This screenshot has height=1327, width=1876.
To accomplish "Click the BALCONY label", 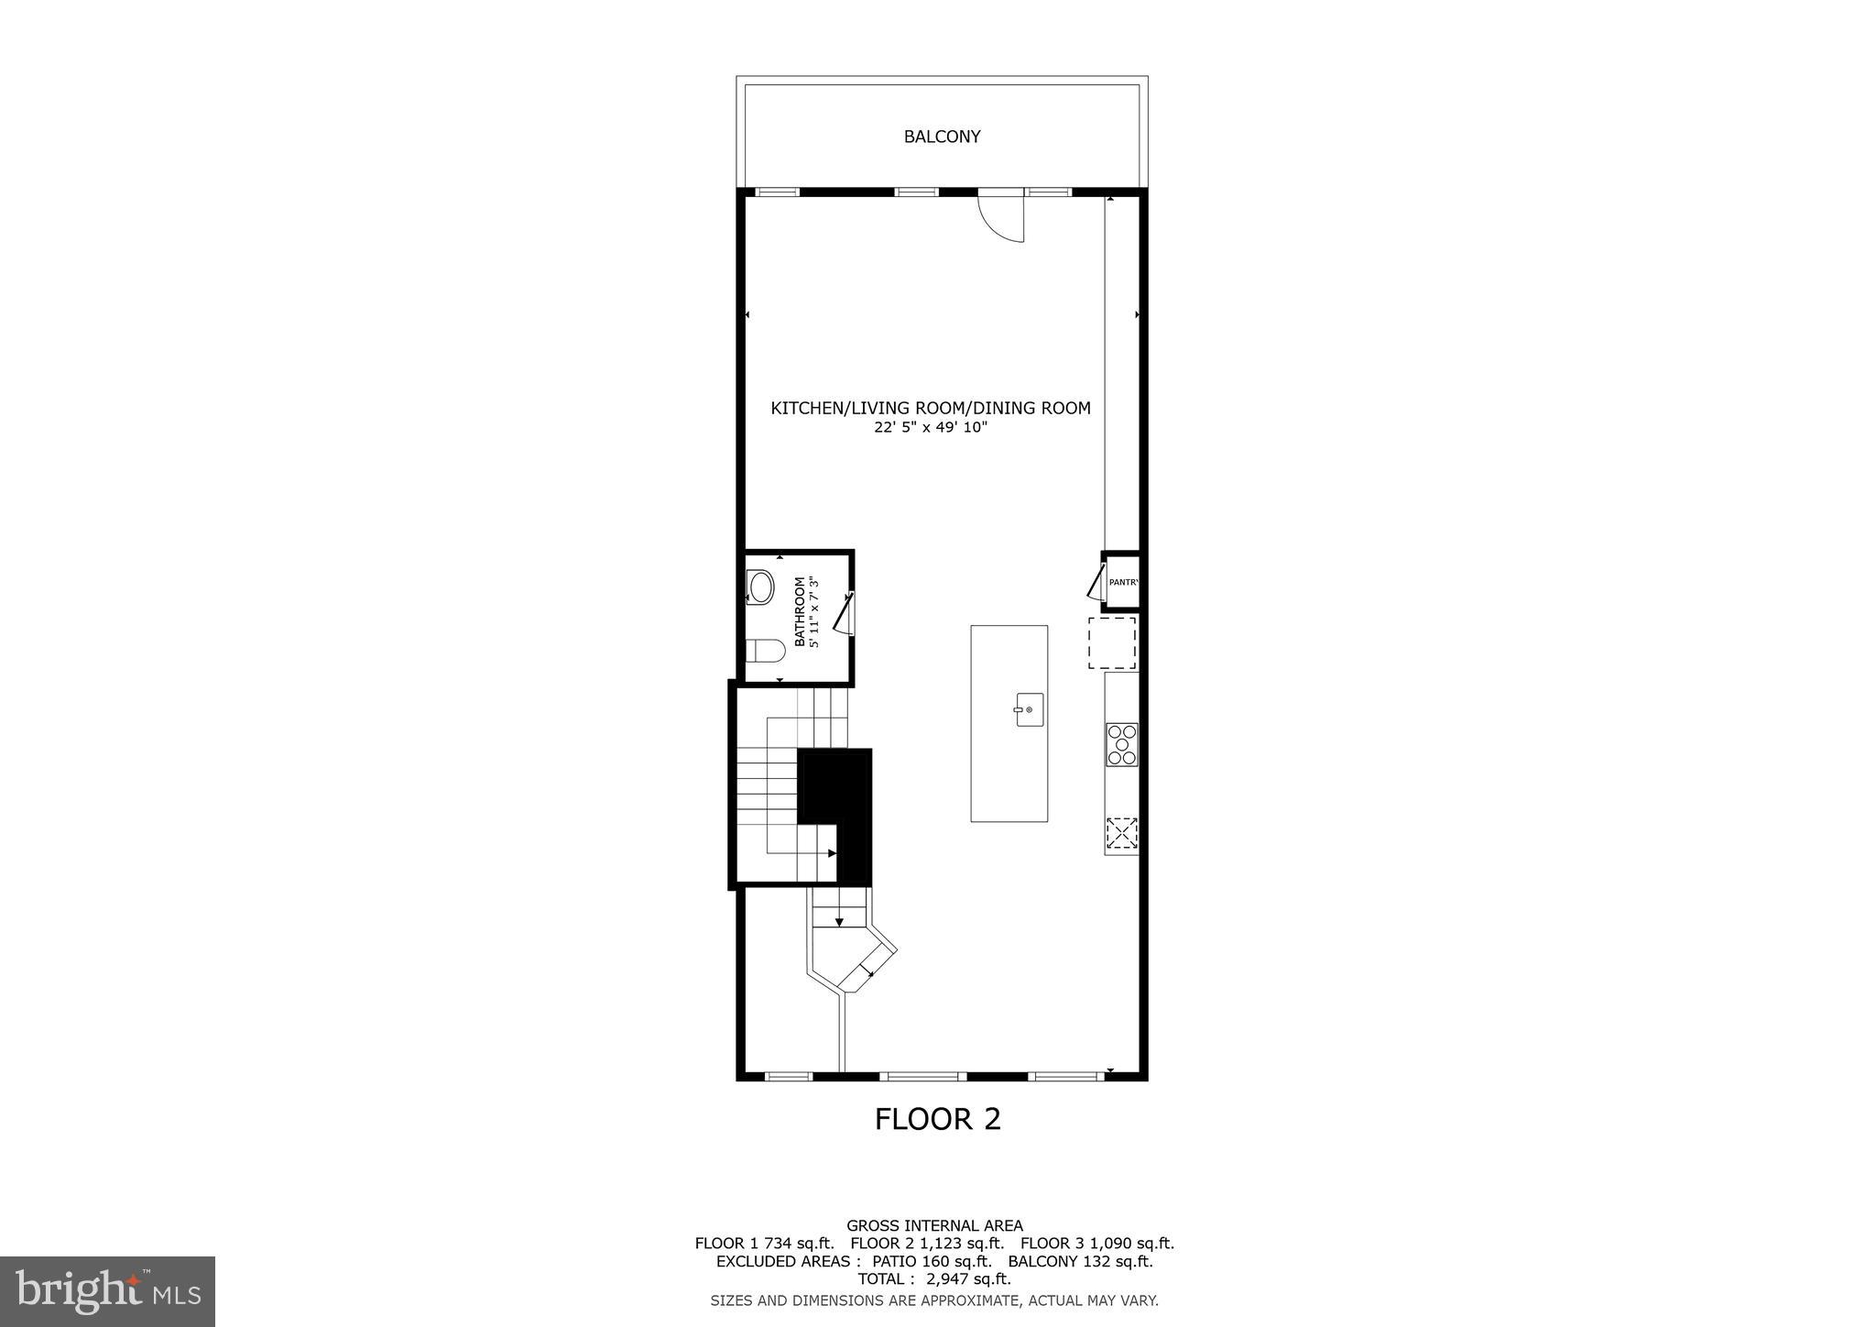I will (942, 137).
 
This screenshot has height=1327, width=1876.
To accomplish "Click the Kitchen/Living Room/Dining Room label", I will (931, 408).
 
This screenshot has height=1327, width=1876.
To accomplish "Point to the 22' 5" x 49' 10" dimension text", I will (931, 427).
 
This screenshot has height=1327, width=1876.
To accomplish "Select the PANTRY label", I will (1123, 582).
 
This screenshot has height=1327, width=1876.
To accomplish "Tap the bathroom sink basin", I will (761, 587).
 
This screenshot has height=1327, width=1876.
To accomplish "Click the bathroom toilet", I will (766, 652).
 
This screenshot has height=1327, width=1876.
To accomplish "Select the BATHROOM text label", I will (800, 611).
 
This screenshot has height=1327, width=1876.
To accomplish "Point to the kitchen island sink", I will (1029, 709).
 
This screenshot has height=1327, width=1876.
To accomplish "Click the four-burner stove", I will (1122, 744).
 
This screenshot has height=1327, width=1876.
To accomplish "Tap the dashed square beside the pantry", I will (1112, 642).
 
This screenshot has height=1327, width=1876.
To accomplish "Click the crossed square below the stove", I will (1121, 832).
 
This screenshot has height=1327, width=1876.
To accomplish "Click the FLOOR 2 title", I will (937, 1119).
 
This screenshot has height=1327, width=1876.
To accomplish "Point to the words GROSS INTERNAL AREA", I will (934, 1225).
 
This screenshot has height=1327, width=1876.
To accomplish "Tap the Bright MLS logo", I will (107, 1291).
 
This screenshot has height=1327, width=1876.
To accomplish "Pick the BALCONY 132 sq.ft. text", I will (1080, 1261).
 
